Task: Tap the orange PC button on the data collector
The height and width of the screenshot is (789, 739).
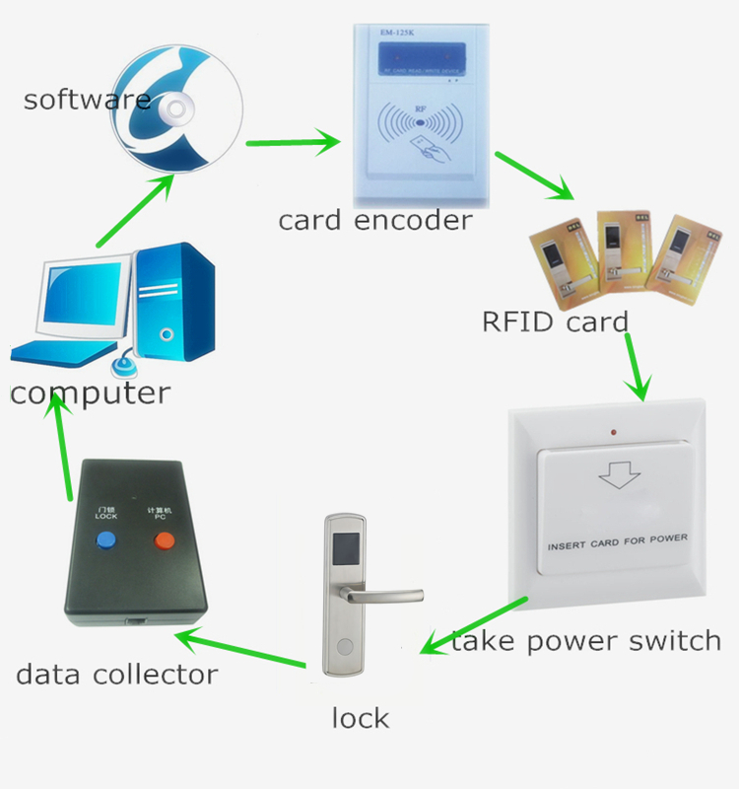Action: click(162, 539)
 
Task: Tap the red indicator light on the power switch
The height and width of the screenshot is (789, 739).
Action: click(613, 433)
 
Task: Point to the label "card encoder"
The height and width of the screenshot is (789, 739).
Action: click(374, 220)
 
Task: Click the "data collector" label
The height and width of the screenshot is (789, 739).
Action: click(116, 676)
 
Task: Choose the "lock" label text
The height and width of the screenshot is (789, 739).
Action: click(360, 718)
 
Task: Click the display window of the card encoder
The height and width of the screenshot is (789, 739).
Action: click(414, 57)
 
